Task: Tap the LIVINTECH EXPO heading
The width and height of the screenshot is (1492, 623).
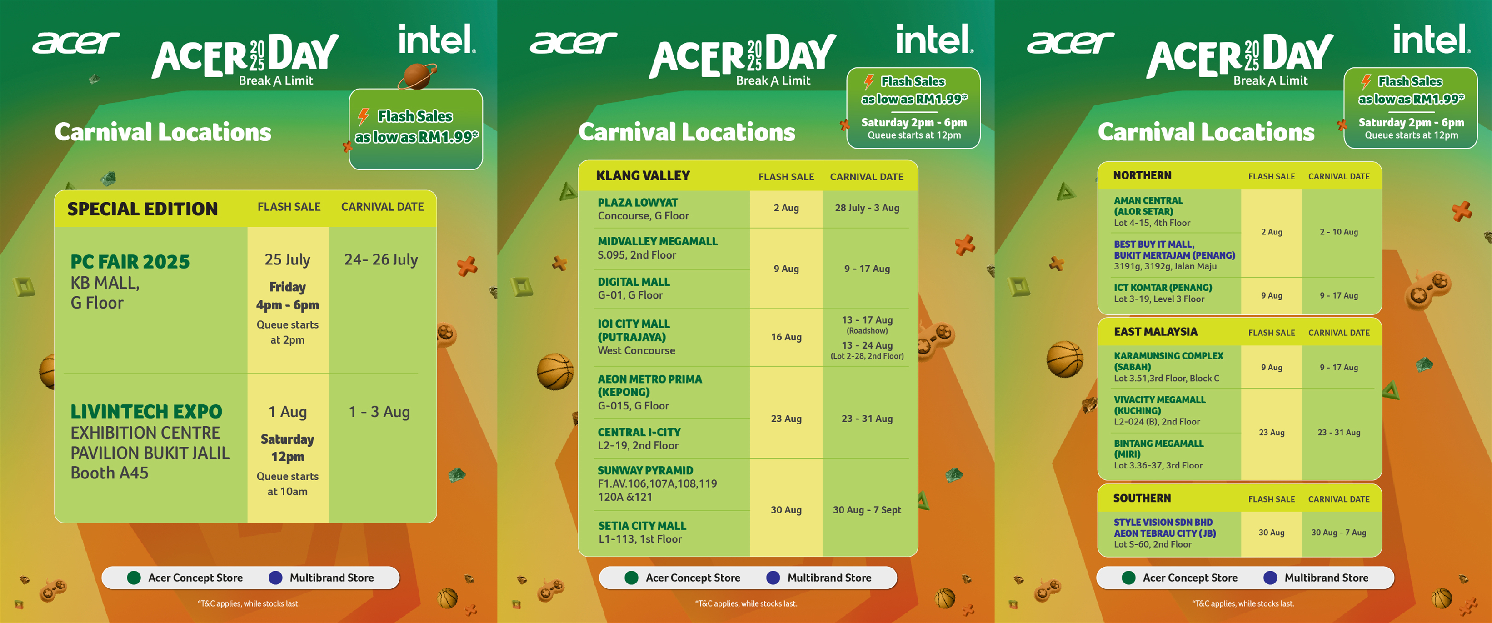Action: tap(146, 412)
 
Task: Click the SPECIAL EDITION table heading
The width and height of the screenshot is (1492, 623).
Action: tap(143, 209)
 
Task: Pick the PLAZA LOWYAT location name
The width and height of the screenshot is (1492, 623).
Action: tap(637, 203)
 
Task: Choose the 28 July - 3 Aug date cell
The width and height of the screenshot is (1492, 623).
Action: tap(867, 208)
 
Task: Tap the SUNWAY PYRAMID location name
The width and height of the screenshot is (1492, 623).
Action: tap(645, 471)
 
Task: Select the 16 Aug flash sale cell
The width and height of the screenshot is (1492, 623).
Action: tap(786, 337)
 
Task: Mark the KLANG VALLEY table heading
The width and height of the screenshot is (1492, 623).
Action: tap(643, 176)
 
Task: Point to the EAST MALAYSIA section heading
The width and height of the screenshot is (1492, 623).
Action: tap(1156, 332)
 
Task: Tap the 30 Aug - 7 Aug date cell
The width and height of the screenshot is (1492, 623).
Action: tap(1338, 533)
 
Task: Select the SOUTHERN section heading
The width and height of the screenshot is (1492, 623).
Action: tap(1142, 498)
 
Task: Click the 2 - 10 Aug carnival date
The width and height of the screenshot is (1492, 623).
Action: tap(1338, 232)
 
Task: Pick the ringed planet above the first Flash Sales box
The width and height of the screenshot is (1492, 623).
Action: tap(417, 76)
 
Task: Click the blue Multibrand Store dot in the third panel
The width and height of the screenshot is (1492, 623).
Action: tap(1270, 578)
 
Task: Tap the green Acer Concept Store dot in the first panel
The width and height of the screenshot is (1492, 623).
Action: tap(134, 578)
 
